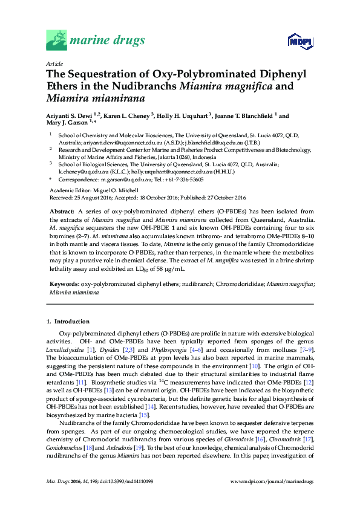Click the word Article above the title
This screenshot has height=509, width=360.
coord(54,63)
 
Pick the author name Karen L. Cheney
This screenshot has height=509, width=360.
coord(128,116)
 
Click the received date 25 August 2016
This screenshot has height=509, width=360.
coord(92,196)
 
